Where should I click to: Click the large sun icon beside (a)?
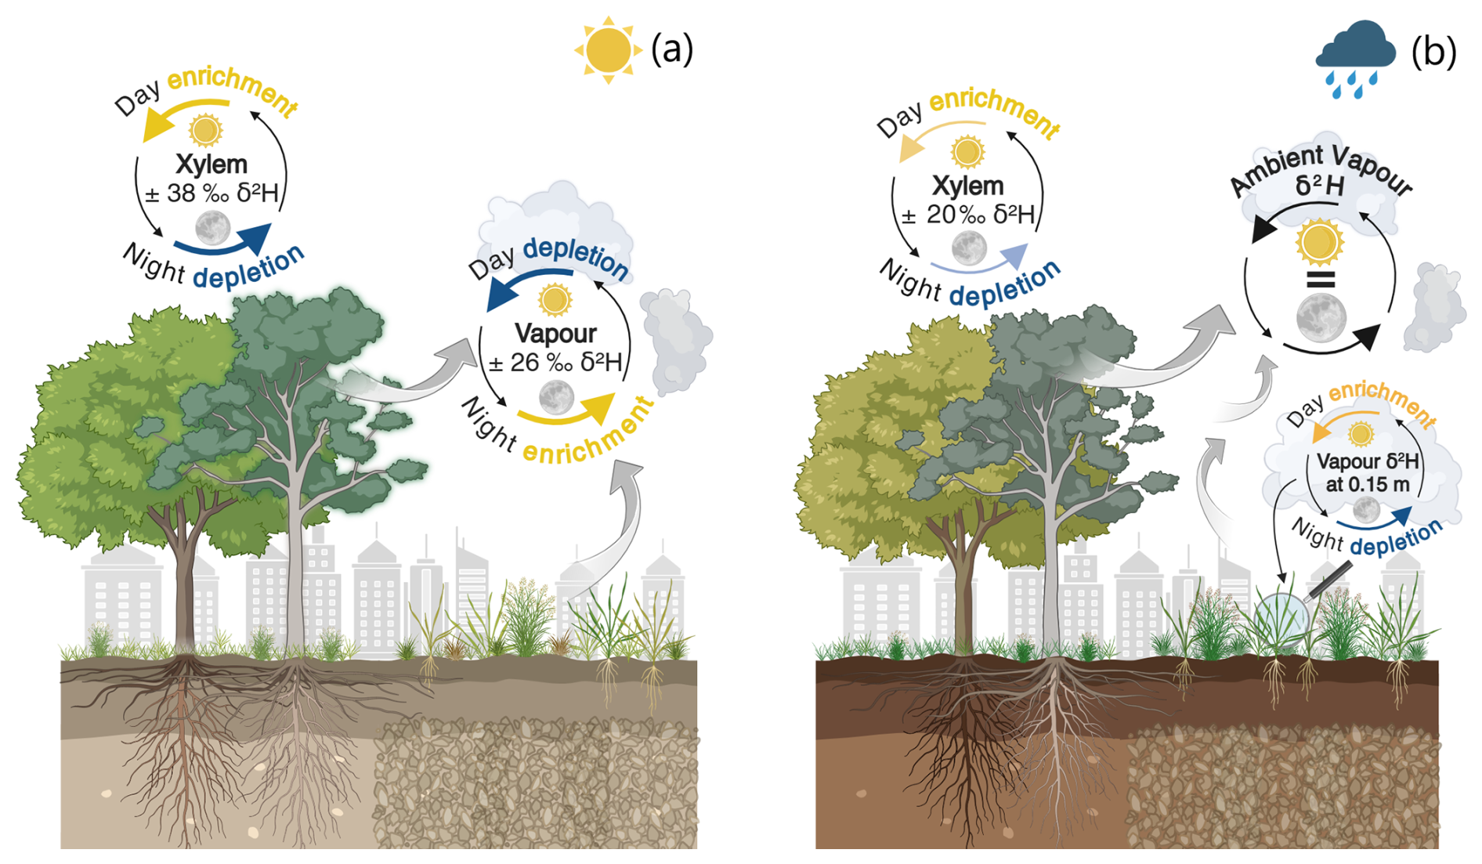(608, 49)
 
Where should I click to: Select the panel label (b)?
(1433, 52)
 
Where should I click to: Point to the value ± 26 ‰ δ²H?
(555, 362)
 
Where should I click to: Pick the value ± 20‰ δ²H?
(968, 214)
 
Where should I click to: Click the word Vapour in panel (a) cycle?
(555, 334)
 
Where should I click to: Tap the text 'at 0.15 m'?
(1367, 484)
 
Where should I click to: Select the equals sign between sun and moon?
(1321, 280)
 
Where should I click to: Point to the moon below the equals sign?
(1321, 317)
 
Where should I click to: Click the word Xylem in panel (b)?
(967, 186)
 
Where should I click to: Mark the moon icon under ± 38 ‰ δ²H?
(212, 228)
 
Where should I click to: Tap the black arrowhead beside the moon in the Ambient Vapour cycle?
(1366, 336)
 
